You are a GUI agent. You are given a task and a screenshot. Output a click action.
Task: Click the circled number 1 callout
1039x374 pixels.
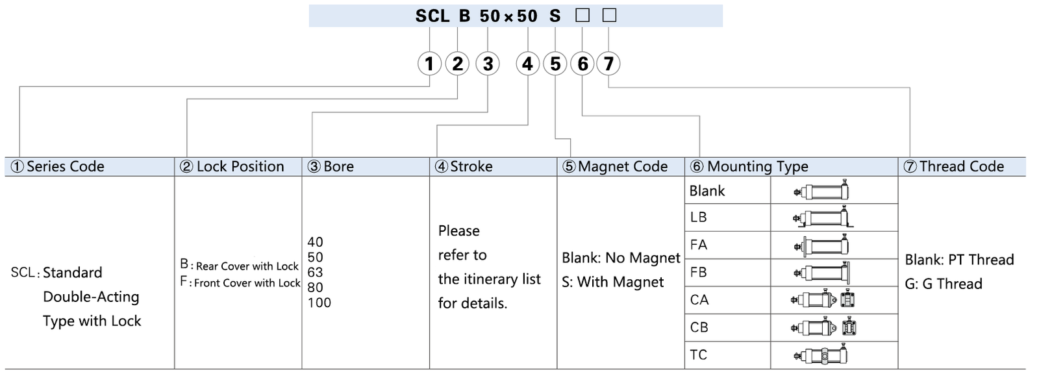tap(429, 64)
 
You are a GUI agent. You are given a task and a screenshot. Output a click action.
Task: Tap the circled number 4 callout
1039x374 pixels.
tap(527, 64)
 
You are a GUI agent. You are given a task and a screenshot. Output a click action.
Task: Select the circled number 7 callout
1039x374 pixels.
tap(608, 64)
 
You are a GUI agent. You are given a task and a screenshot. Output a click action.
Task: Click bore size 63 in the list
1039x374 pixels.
tap(315, 272)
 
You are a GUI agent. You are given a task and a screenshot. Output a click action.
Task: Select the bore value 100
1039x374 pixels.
tap(319, 303)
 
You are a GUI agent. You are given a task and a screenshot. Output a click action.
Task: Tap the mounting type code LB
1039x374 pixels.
tap(698, 218)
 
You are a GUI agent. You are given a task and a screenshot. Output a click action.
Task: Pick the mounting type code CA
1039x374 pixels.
tap(699, 300)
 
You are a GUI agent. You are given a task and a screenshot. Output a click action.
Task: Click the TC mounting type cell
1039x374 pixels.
tap(699, 355)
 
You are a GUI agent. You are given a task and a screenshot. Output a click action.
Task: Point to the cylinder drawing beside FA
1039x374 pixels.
tap(821, 245)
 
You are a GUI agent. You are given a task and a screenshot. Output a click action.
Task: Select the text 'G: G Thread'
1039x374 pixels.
tap(943, 284)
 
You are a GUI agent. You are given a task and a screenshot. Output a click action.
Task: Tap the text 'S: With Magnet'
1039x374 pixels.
tap(612, 282)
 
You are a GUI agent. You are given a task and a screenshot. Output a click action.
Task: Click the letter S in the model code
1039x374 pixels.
tap(555, 16)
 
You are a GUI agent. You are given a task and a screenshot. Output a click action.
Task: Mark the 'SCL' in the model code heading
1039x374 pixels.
tap(432, 16)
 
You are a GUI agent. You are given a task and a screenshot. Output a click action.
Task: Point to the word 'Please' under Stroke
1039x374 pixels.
tap(458, 231)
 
